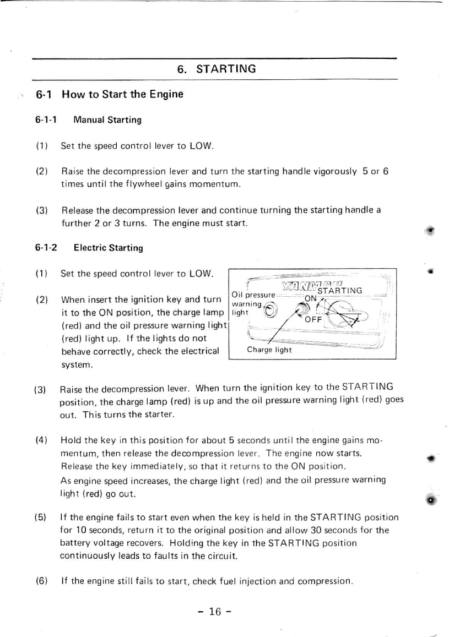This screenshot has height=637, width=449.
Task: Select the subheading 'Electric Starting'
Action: (x=108, y=248)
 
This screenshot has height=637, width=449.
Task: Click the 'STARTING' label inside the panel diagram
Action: (x=340, y=291)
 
